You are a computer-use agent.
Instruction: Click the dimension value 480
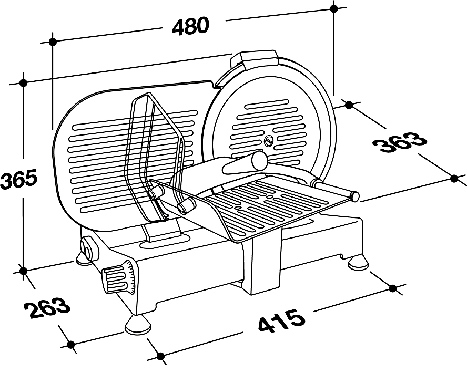pos(190,26)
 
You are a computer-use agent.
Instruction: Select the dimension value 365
pos(18,179)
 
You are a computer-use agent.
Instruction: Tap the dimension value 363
pos(399,142)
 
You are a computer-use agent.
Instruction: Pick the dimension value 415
pos(282,321)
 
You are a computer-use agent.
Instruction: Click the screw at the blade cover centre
pos(269,140)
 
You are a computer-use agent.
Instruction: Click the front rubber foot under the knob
pos(138,325)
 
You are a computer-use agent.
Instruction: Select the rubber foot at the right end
pos(358,262)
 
